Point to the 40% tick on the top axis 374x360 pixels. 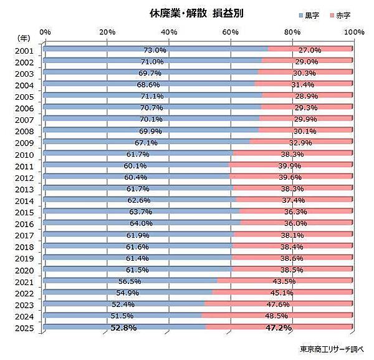coord(169,31)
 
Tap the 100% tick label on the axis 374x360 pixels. coord(353,31)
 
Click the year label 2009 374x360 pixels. coord(24,143)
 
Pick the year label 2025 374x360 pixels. coord(24,328)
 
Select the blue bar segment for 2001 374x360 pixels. coord(156,49)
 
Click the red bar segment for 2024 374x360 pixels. coord(279,315)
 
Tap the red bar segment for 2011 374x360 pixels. coord(292,165)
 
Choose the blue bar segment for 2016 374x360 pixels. coord(143,223)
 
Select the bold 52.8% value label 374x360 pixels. coord(123,328)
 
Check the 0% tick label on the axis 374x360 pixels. coord(45,31)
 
